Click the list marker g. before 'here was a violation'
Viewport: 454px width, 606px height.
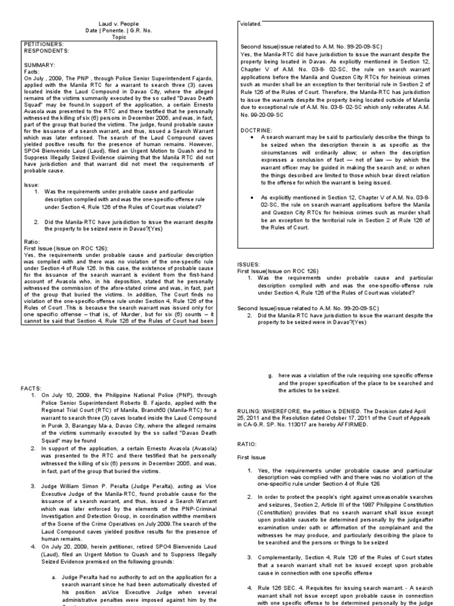[270, 375]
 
